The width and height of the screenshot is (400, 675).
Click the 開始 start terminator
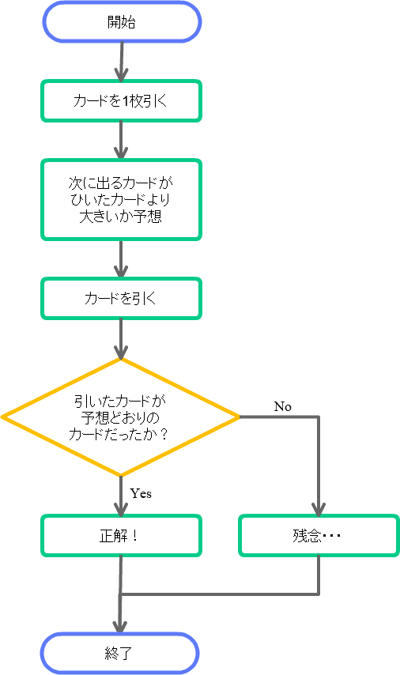[x=122, y=21]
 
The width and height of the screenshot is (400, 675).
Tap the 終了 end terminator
[x=119, y=654]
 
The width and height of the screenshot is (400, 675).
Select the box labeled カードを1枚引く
[x=121, y=100]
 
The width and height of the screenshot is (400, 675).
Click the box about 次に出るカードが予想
[x=121, y=199]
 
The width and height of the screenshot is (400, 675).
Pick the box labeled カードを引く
[x=121, y=298]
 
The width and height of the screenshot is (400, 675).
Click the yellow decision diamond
[x=121, y=417]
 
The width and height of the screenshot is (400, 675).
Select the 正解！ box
[x=121, y=536]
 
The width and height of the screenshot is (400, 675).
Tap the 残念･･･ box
[x=319, y=536]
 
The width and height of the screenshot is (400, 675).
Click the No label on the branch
[x=283, y=406]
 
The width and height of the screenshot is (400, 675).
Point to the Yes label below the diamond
[x=141, y=493]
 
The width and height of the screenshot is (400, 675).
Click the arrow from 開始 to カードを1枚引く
[x=122, y=61]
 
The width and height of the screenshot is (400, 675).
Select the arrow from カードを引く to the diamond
[x=121, y=339]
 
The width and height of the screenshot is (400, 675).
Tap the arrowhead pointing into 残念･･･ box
[x=319, y=509]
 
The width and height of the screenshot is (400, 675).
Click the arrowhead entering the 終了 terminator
[x=119, y=628]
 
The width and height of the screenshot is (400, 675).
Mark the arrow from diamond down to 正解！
[x=121, y=496]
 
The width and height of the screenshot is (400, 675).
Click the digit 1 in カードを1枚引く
[x=126, y=101]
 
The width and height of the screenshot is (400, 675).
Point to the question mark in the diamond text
[x=163, y=433]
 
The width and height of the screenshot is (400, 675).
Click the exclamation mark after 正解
[x=134, y=536]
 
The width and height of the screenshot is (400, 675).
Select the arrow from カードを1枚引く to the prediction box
[x=121, y=141]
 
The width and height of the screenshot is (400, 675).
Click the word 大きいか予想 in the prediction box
[x=121, y=216]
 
